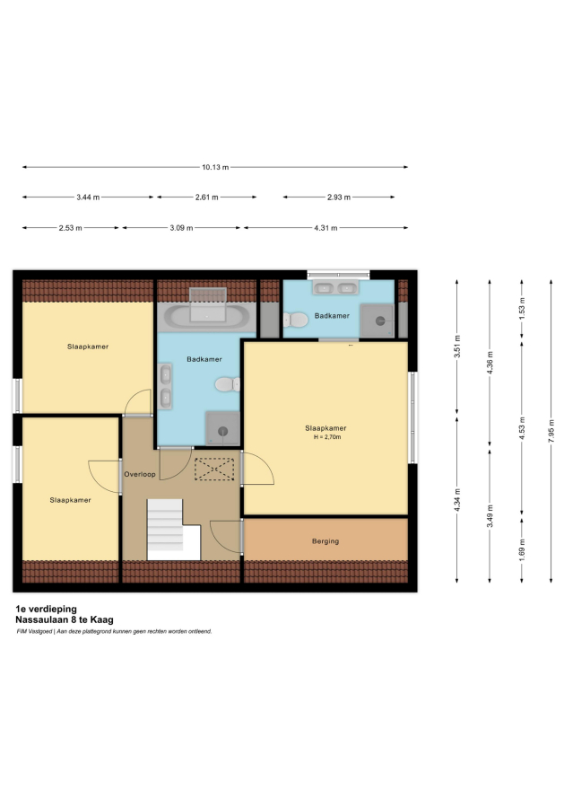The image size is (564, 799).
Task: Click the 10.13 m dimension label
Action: (215, 167)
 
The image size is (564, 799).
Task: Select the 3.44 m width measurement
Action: (88, 198)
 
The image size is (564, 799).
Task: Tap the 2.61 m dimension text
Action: (206, 198)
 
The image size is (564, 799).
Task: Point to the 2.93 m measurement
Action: (339, 198)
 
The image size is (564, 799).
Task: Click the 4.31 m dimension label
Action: (325, 228)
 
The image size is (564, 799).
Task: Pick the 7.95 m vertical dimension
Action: (551, 431)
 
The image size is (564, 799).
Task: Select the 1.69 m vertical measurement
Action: (522, 549)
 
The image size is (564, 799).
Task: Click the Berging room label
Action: (325, 541)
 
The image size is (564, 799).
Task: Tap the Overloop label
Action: (140, 474)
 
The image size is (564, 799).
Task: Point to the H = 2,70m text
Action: (327, 437)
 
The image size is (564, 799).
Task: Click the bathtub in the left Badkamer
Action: (206, 316)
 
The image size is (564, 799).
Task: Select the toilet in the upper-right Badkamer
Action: (296, 320)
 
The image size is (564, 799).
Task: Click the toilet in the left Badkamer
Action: (227, 384)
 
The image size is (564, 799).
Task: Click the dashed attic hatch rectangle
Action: (214, 469)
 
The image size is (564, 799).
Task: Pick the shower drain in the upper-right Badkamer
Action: (380, 321)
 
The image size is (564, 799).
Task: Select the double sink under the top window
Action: (335, 287)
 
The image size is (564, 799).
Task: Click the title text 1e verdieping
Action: (47, 609)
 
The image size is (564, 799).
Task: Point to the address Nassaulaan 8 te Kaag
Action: (65, 620)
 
